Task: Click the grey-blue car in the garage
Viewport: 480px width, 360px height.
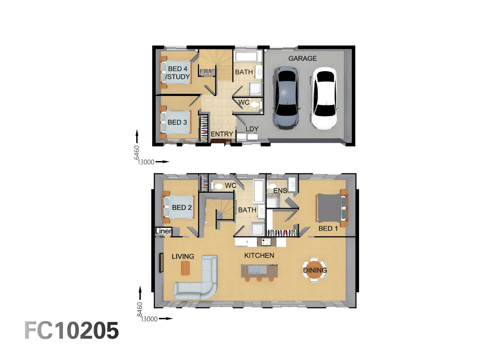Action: pyautogui.click(x=286, y=98)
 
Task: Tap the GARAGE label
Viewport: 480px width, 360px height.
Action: pyautogui.click(x=302, y=58)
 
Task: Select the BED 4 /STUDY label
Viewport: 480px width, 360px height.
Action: pyautogui.click(x=178, y=73)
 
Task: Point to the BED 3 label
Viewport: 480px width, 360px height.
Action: pyautogui.click(x=177, y=122)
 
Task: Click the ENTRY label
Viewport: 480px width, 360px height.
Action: pyautogui.click(x=222, y=134)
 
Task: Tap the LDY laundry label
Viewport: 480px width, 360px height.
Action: pyautogui.click(x=252, y=129)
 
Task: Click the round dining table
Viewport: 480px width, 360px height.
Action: pyautogui.click(x=315, y=270)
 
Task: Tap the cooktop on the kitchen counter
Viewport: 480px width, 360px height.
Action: pyautogui.click(x=266, y=241)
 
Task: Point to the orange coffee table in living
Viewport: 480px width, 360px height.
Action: pyautogui.click(x=185, y=268)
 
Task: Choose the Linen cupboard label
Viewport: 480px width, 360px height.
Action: pyautogui.click(x=164, y=231)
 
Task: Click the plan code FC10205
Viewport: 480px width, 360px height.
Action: pyautogui.click(x=72, y=331)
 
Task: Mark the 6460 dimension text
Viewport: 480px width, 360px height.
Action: pyautogui.click(x=137, y=152)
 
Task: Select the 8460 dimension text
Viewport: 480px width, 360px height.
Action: pyautogui.click(x=140, y=309)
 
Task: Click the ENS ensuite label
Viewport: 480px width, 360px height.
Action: pyautogui.click(x=280, y=191)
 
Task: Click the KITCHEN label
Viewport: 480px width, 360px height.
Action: pyautogui.click(x=259, y=255)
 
